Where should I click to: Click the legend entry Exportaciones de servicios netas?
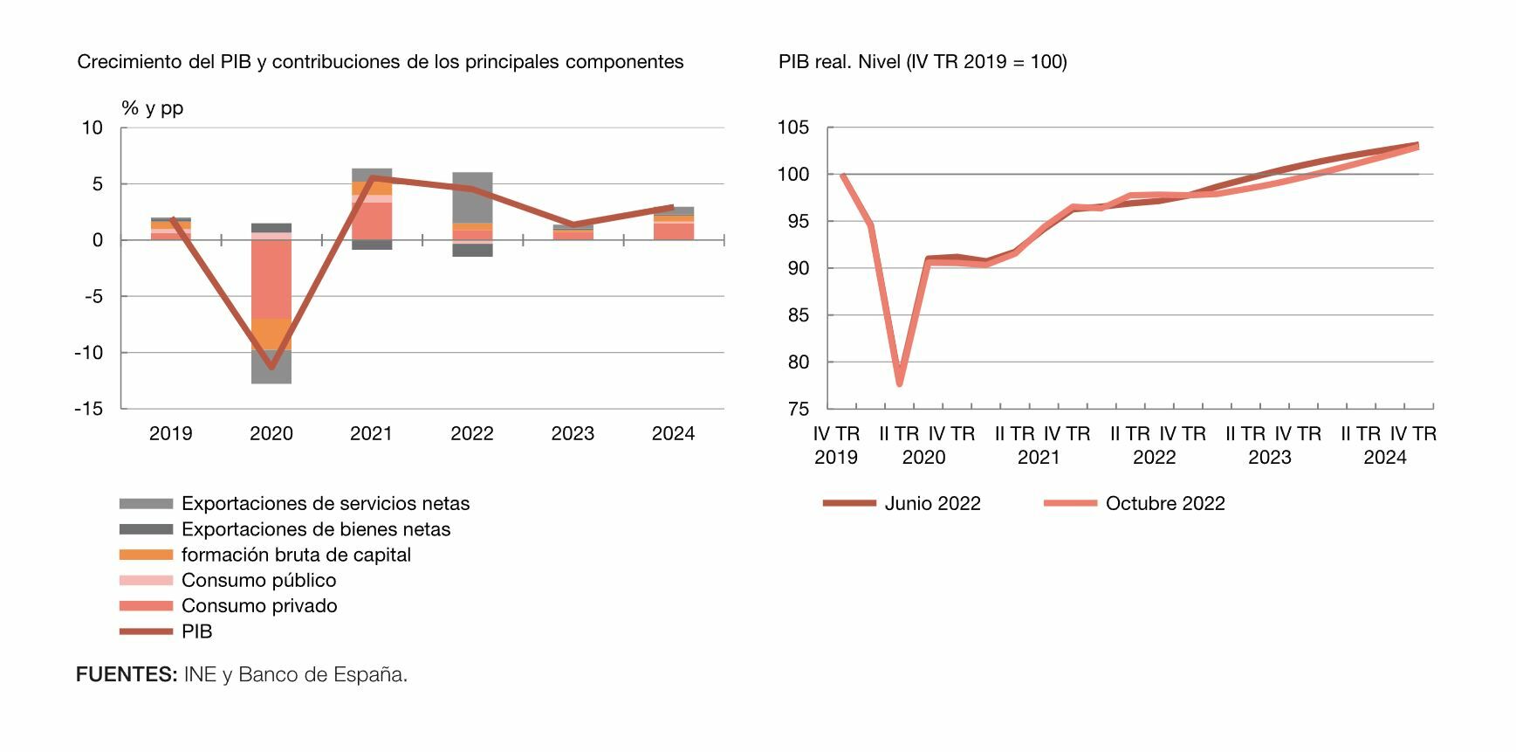325,504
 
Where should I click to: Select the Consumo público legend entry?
258,581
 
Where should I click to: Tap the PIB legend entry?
196,631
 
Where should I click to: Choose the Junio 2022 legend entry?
932,504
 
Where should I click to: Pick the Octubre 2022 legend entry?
1164,504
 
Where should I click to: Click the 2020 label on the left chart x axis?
271,434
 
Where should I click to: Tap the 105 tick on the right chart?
792,128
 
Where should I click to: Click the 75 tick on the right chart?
798,409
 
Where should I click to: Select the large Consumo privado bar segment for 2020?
271,279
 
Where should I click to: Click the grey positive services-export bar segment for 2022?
472,197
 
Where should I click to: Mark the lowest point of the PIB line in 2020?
271,367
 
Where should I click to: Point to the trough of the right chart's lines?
899,383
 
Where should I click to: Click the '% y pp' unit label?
153,108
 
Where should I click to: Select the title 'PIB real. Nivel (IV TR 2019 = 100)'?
923,62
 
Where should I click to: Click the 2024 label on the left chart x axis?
673,434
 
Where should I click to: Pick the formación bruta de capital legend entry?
295,555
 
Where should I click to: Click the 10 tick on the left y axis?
92,128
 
